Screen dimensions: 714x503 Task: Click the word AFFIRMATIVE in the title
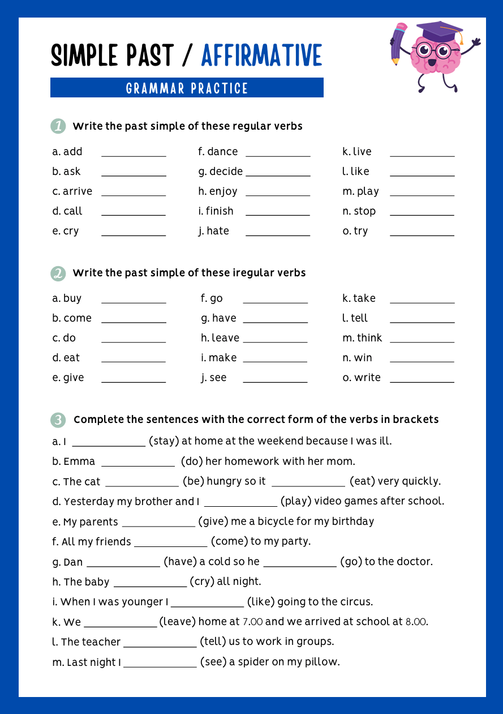coord(261,55)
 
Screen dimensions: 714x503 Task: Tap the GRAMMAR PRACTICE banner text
coord(187,88)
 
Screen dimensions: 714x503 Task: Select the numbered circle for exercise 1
coord(58,126)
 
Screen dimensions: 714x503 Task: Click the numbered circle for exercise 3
coord(58,420)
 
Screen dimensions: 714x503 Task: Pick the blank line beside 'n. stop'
coord(422,213)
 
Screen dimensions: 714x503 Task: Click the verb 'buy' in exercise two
coord(72,298)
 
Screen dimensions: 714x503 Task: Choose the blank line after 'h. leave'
coord(275,340)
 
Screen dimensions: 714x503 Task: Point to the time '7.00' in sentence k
coord(252,622)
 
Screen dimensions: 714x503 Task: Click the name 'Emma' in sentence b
coord(79,461)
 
